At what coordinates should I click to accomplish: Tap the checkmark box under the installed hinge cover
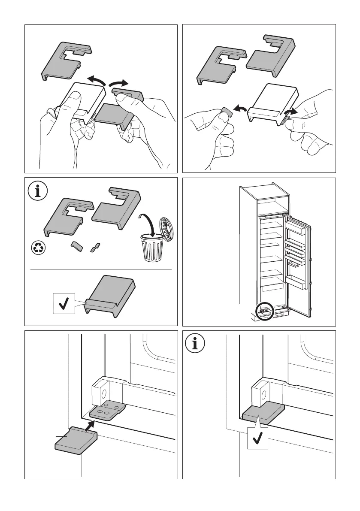(x=258, y=438)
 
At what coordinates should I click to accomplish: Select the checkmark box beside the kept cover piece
(x=63, y=304)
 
